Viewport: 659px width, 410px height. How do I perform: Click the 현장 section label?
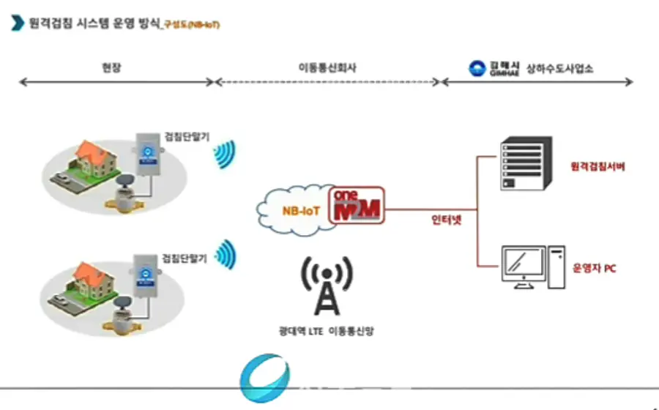pyautogui.click(x=111, y=67)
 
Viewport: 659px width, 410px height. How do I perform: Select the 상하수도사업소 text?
pyautogui.click(x=559, y=68)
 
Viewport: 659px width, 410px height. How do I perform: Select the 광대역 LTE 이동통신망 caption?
pyautogui.click(x=327, y=331)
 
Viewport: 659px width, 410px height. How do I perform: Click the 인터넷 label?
pyautogui.click(x=446, y=217)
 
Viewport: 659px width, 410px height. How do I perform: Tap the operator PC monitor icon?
pyautogui.click(x=524, y=266)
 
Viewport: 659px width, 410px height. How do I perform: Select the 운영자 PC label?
pyautogui.click(x=594, y=269)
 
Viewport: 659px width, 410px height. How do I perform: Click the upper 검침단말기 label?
pyautogui.click(x=185, y=135)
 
